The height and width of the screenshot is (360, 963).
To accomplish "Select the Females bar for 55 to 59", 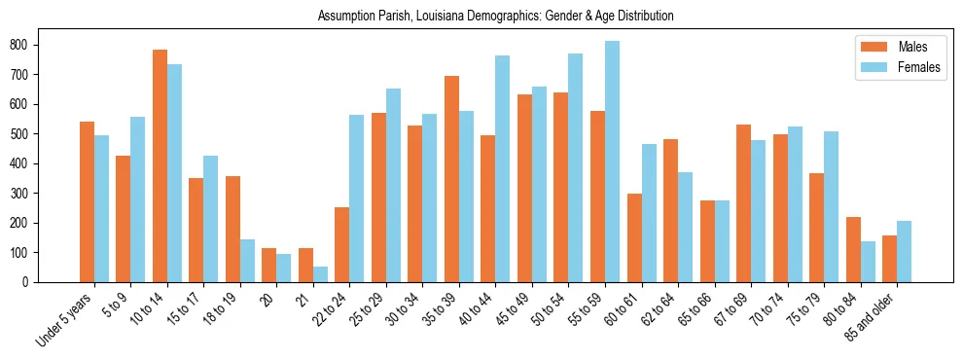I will pos(612,162).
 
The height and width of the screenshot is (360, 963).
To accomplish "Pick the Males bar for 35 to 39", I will pos(451,179).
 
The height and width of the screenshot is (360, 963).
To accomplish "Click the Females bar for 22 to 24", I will pos(356,198).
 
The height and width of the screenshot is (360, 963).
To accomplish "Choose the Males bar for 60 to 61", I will pos(634,237).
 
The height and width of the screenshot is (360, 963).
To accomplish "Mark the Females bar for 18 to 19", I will pos(247,261).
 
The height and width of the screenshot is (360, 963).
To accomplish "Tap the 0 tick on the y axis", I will pos(32,282).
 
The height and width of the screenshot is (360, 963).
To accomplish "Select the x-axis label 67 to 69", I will pos(733,309).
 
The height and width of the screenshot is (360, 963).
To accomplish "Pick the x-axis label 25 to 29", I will pos(369,309).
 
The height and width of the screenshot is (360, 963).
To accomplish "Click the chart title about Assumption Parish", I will pos(495,17).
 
